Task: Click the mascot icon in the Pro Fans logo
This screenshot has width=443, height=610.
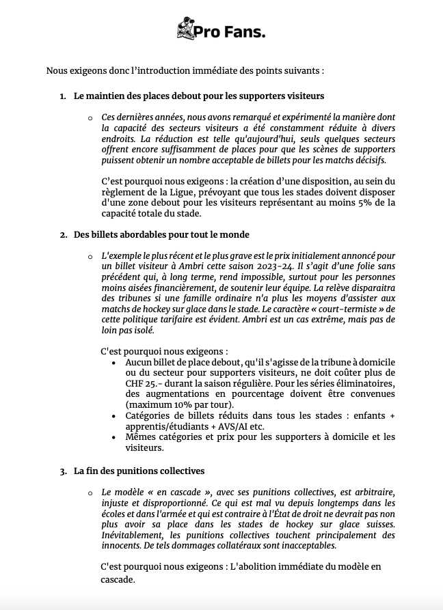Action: click(185, 30)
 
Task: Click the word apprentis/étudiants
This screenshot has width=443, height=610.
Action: click(163, 426)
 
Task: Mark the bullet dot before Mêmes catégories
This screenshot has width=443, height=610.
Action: click(113, 437)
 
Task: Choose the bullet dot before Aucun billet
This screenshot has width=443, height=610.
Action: click(113, 361)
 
